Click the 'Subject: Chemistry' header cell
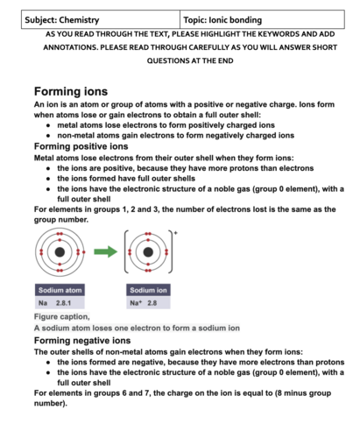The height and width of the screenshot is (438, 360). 101,19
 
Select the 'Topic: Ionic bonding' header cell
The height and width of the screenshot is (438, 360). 262,19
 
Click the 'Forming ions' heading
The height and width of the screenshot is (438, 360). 71,91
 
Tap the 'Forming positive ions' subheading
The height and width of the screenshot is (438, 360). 81,146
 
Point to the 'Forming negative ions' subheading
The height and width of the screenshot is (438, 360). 82,340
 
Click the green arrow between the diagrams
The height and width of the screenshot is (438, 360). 105,251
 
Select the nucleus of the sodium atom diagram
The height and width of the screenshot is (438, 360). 60,252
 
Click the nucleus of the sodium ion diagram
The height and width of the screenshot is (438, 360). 148,252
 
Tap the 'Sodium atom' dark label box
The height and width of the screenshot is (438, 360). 60,290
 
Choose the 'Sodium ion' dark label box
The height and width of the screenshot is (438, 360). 148,290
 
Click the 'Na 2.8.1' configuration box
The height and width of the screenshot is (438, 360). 60,303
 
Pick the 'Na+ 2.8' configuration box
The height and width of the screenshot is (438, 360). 148,303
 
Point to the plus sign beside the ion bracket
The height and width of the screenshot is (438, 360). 175,233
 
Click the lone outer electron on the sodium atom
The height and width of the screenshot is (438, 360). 84,252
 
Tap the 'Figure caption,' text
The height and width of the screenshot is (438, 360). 62,316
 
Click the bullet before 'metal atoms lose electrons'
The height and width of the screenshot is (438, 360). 48,125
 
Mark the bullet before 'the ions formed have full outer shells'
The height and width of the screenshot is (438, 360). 48,179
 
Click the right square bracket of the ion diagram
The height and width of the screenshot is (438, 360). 172,251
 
